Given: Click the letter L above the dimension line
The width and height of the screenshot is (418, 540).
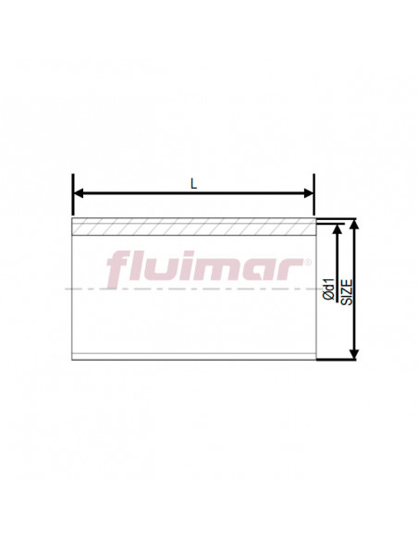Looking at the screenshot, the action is point(194,184).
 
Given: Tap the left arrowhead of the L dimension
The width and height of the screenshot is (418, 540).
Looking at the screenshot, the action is point(79,193).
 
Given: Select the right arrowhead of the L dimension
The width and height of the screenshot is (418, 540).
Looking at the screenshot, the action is point(309,193).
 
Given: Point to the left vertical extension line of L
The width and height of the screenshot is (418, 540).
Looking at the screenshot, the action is point(73,194).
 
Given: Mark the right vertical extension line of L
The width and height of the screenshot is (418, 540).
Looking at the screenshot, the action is point(314,194).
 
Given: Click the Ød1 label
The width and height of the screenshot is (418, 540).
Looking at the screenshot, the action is point(330,290).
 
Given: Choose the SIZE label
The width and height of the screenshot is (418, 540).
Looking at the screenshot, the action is point(347,292).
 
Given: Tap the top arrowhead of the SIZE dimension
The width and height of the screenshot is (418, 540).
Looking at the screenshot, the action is point(354,224).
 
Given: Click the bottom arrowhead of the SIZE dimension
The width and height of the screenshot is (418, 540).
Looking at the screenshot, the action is point(354,354).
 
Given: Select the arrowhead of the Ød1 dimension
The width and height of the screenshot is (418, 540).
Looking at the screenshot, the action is point(338,229).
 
